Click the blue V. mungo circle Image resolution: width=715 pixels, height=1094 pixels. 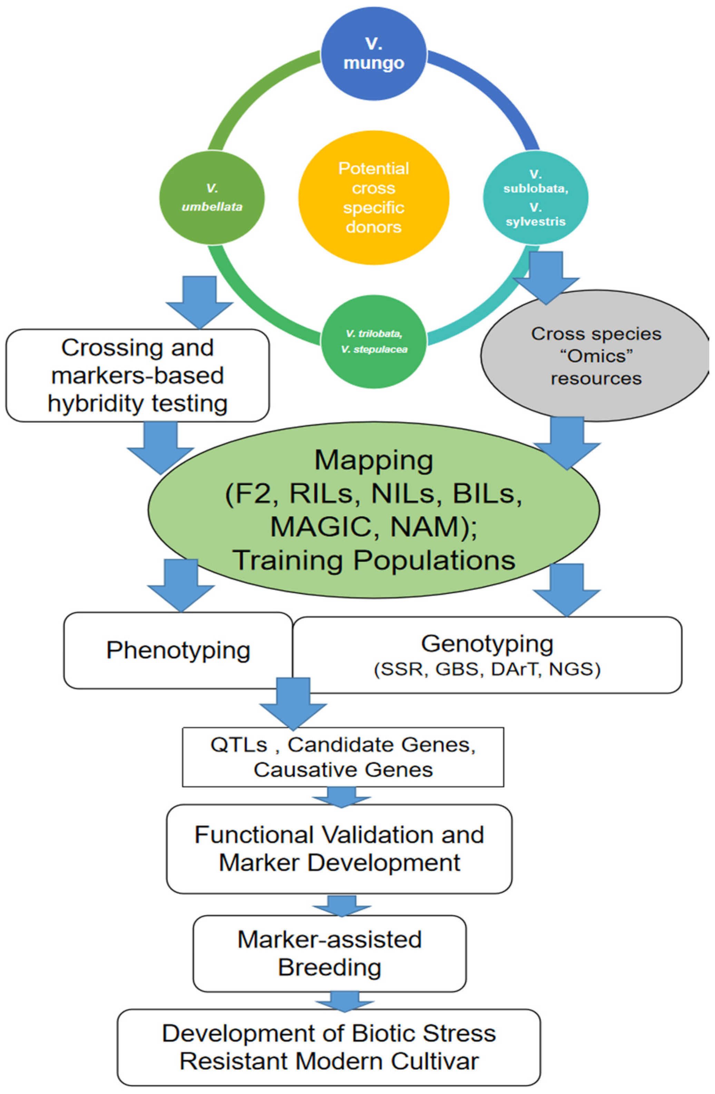click(x=373, y=53)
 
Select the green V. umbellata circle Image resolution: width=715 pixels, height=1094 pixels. click(x=212, y=198)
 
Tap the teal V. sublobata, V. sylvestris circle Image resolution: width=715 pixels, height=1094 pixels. click(x=535, y=198)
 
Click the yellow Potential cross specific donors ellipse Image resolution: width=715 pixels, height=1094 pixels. click(x=373, y=198)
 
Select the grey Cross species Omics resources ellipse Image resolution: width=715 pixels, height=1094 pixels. click(x=596, y=356)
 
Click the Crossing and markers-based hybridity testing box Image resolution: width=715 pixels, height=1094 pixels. click(x=137, y=375)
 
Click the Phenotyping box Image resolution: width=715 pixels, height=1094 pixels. click(x=178, y=650)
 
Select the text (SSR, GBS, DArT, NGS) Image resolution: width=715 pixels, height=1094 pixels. click(x=487, y=670)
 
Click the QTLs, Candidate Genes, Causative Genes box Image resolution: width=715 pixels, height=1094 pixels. click(x=343, y=757)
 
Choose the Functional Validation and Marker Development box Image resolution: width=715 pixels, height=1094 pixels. click(x=339, y=848)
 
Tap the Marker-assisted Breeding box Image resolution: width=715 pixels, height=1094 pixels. click(x=330, y=954)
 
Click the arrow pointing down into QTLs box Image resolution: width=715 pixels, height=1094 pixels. click(x=293, y=703)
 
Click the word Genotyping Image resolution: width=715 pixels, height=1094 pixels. click(x=487, y=643)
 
